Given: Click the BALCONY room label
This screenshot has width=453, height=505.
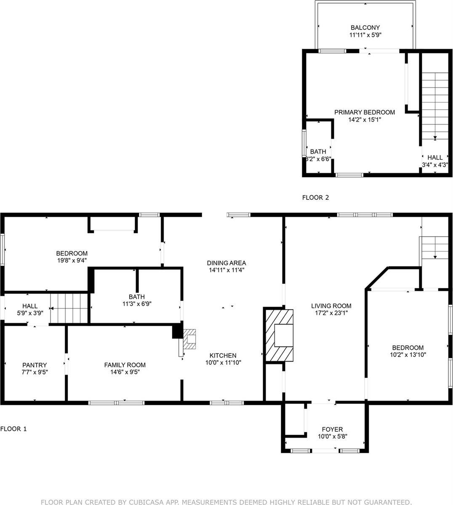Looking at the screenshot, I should [x=365, y=28].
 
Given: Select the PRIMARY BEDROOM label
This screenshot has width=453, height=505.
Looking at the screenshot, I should [x=365, y=112].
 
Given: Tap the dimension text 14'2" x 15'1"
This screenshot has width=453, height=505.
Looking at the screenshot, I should [x=365, y=120].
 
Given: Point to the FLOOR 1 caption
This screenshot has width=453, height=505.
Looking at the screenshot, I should [x=13, y=429].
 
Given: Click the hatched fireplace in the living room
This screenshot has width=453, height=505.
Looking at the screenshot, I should [x=278, y=335].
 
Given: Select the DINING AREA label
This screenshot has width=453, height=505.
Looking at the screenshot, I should [x=226, y=263].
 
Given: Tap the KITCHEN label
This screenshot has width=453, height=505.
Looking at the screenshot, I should [x=223, y=356].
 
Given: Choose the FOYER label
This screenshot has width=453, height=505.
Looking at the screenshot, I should [x=332, y=430].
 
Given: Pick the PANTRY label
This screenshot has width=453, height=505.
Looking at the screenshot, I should [x=35, y=365].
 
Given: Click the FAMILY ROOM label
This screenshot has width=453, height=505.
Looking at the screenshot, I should [x=125, y=365].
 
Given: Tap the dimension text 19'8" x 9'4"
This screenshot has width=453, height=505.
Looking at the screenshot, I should [x=72, y=260].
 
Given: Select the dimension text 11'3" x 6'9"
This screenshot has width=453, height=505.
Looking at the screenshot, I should [x=137, y=304].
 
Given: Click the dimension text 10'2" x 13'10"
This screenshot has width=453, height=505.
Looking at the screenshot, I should [x=408, y=354].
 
